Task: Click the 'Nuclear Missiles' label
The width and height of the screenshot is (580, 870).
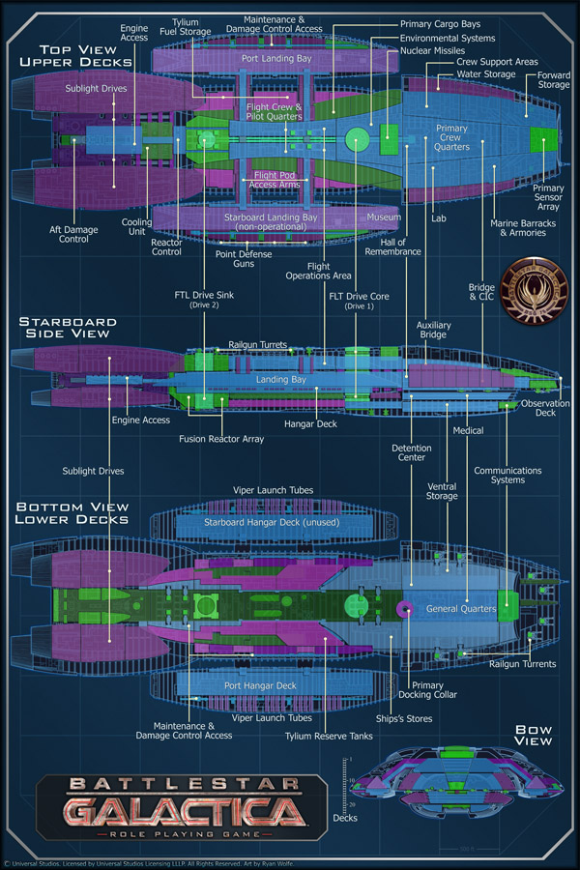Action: [432, 49]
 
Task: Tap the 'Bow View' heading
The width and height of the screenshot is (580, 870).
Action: [532, 735]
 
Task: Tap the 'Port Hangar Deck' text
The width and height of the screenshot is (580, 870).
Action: [260, 685]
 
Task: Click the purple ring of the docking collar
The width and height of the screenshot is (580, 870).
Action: [406, 609]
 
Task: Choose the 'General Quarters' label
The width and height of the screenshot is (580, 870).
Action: [461, 609]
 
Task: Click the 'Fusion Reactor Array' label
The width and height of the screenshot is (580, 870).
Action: [221, 439]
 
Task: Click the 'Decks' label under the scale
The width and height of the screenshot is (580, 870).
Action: [344, 818]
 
